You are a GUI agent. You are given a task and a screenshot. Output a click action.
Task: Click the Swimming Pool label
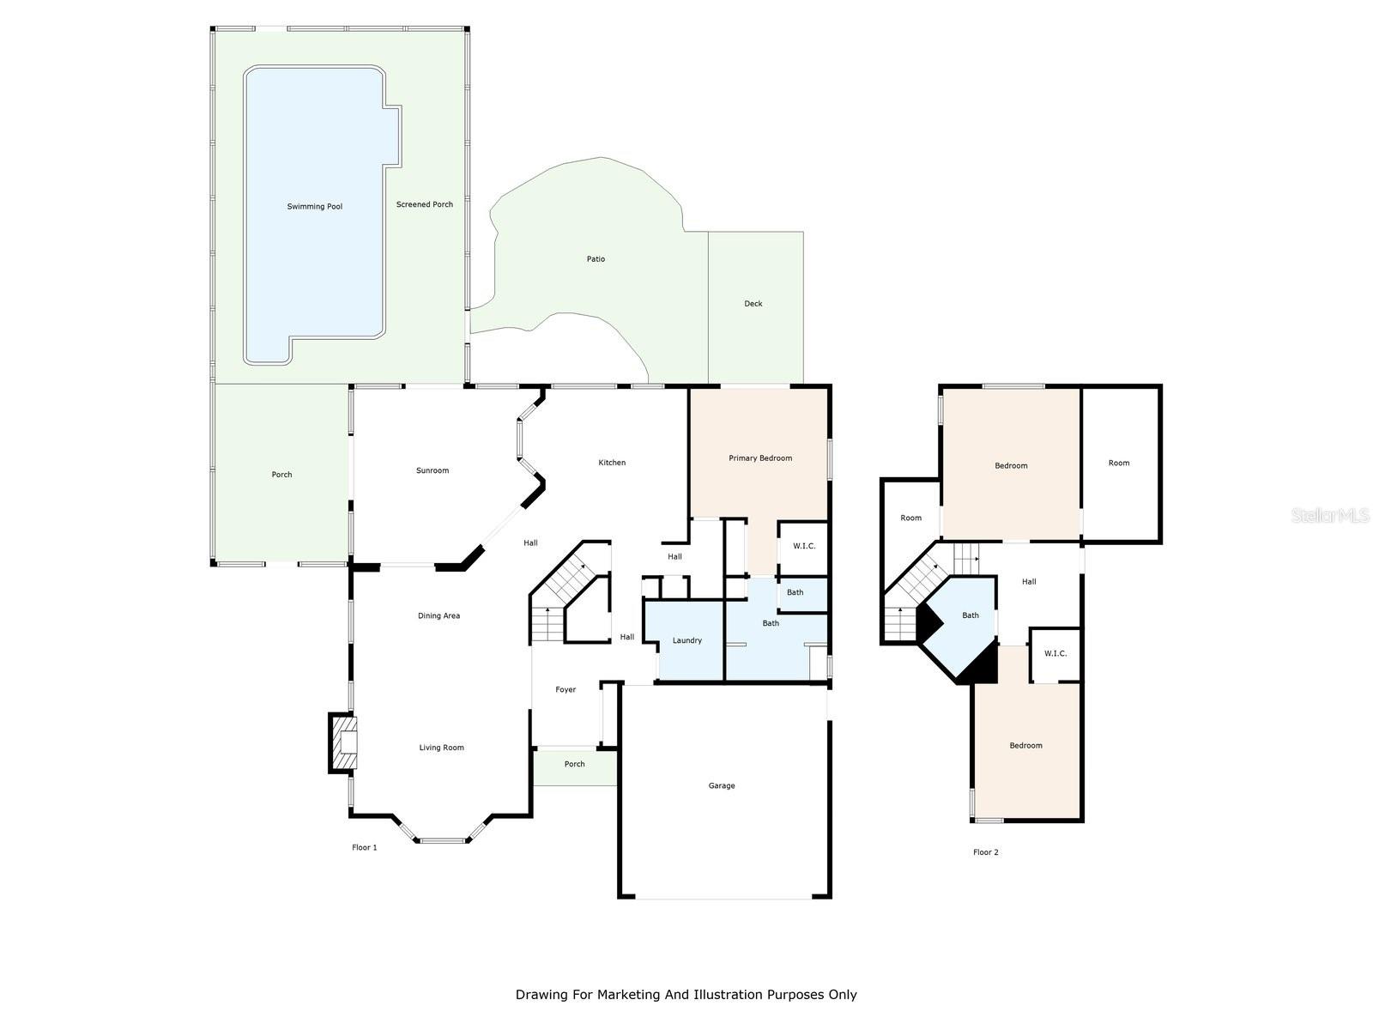315,206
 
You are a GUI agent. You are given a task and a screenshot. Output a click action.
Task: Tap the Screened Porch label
425,204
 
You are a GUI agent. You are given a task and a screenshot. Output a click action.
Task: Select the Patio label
596,259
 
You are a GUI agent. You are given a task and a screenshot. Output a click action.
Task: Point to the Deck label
753,303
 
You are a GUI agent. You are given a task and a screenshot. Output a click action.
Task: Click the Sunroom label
432,470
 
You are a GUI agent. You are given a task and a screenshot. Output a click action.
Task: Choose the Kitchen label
612,462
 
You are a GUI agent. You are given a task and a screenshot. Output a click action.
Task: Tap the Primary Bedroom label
760,457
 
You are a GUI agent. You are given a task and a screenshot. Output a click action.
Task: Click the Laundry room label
686,640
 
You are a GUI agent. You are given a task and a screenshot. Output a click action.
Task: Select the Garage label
721,785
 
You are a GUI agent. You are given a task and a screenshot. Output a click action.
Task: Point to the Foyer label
566,689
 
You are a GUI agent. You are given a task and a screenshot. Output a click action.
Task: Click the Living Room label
442,748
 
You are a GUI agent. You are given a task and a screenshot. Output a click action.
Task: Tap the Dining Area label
439,615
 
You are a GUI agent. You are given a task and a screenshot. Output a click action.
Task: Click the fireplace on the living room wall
343,743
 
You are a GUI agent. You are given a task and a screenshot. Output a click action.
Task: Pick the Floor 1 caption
364,847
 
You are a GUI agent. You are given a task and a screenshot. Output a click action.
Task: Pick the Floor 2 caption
986,851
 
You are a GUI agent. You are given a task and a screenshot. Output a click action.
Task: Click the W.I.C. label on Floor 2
1055,653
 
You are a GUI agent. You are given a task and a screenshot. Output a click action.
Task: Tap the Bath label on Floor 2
971,615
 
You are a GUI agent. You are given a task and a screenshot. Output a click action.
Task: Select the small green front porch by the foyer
574,766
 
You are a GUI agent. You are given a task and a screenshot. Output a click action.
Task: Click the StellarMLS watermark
1330,515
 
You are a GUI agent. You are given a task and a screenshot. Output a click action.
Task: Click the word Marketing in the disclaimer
629,994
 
